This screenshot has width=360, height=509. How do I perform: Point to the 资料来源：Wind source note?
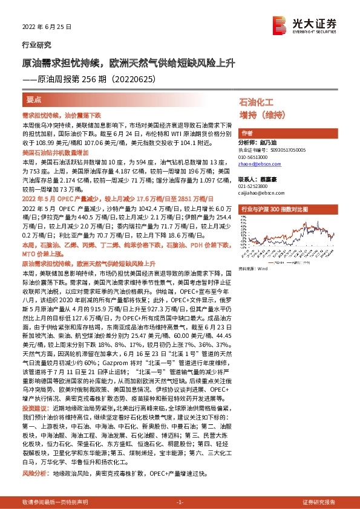[x=254, y=268]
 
